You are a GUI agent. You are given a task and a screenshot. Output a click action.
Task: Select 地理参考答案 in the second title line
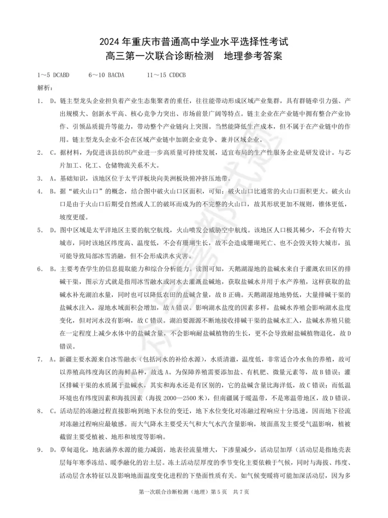click(x=253, y=56)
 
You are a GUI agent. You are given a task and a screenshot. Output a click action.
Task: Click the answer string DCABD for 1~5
click(x=61, y=75)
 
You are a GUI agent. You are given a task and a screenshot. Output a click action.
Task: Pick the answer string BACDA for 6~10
click(x=116, y=75)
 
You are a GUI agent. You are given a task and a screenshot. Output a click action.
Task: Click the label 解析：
click(x=45, y=88)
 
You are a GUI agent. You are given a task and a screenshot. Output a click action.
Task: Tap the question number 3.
click(x=40, y=178)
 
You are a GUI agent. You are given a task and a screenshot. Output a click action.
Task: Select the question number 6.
click(x=40, y=269)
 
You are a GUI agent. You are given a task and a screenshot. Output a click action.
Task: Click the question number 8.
click(x=40, y=411)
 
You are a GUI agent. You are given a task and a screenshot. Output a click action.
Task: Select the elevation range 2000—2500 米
click(x=184, y=398)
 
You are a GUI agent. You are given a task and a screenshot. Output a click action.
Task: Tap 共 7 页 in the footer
click(x=241, y=492)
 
